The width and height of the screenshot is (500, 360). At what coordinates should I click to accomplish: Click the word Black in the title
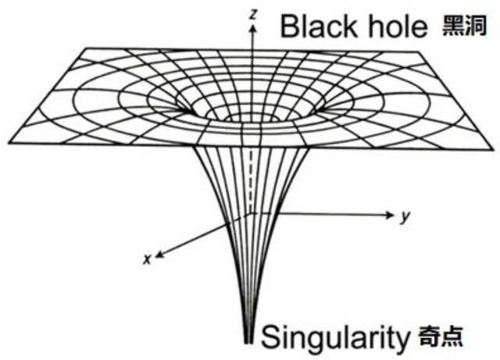tap(319, 26)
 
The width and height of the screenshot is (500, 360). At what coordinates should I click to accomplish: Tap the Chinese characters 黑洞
tap(464, 26)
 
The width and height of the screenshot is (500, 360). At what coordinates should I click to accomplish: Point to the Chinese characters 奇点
tap(441, 336)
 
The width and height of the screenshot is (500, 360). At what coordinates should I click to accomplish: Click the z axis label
tap(253, 14)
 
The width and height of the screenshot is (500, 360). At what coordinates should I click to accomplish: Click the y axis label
tap(405, 217)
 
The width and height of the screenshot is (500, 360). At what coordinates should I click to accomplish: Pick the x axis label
tap(147, 259)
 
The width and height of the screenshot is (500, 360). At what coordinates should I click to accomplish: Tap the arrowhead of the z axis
tap(253, 28)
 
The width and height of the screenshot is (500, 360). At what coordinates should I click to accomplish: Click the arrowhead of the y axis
tap(391, 215)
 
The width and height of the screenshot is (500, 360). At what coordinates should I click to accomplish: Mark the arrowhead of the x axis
tap(159, 254)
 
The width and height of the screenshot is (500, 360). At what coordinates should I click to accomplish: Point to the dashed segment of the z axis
tap(252, 180)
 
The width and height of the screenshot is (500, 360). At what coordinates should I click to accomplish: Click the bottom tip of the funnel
tap(248, 343)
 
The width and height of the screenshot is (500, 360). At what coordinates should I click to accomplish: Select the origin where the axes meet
tap(252, 213)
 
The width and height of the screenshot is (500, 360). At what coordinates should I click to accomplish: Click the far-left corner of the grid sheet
tap(9, 143)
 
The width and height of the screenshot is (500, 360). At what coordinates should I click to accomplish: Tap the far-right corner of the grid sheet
tap(493, 149)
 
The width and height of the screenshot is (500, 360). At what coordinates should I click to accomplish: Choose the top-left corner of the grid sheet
tap(87, 48)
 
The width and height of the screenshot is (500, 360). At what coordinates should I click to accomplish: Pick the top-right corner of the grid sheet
tap(418, 52)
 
